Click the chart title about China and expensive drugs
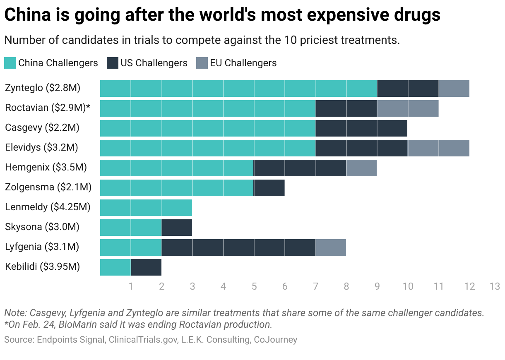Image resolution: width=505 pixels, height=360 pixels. tap(222, 15)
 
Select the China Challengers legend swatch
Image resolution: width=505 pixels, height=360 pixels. tap(10, 63)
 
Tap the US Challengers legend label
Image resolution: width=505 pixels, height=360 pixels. tap(154, 63)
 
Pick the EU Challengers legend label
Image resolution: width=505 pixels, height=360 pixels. tap(243, 63)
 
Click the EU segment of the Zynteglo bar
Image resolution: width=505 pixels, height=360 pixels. tap(454, 88)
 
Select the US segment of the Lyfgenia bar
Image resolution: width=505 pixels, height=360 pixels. tap(238, 247)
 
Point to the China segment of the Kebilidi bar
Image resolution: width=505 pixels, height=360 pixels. tap(115, 267)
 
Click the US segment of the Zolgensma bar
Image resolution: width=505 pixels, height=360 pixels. tap(269, 187)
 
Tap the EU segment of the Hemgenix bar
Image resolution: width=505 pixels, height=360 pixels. tap(361, 168)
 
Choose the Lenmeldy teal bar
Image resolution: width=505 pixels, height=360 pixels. tap(146, 207)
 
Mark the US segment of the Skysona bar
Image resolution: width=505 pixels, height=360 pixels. tap(177, 227)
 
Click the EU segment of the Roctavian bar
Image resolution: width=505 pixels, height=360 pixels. tap(407, 108)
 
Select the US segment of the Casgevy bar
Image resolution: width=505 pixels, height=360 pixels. tap(361, 128)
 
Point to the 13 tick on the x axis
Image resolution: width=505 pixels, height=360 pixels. tap(495, 286)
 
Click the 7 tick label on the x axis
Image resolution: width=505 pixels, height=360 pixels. tap(315, 286)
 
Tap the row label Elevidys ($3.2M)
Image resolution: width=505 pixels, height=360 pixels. tap(41, 148)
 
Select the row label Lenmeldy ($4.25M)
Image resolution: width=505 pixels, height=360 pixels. tap(48, 207)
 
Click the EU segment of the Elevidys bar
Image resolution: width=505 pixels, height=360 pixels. tap(438, 148)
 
